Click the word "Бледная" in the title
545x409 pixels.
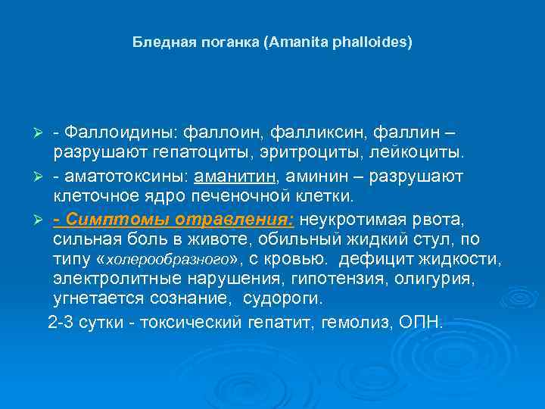pos(157,42)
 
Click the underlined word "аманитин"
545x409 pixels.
pos(235,176)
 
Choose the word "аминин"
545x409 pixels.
pos(310,176)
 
